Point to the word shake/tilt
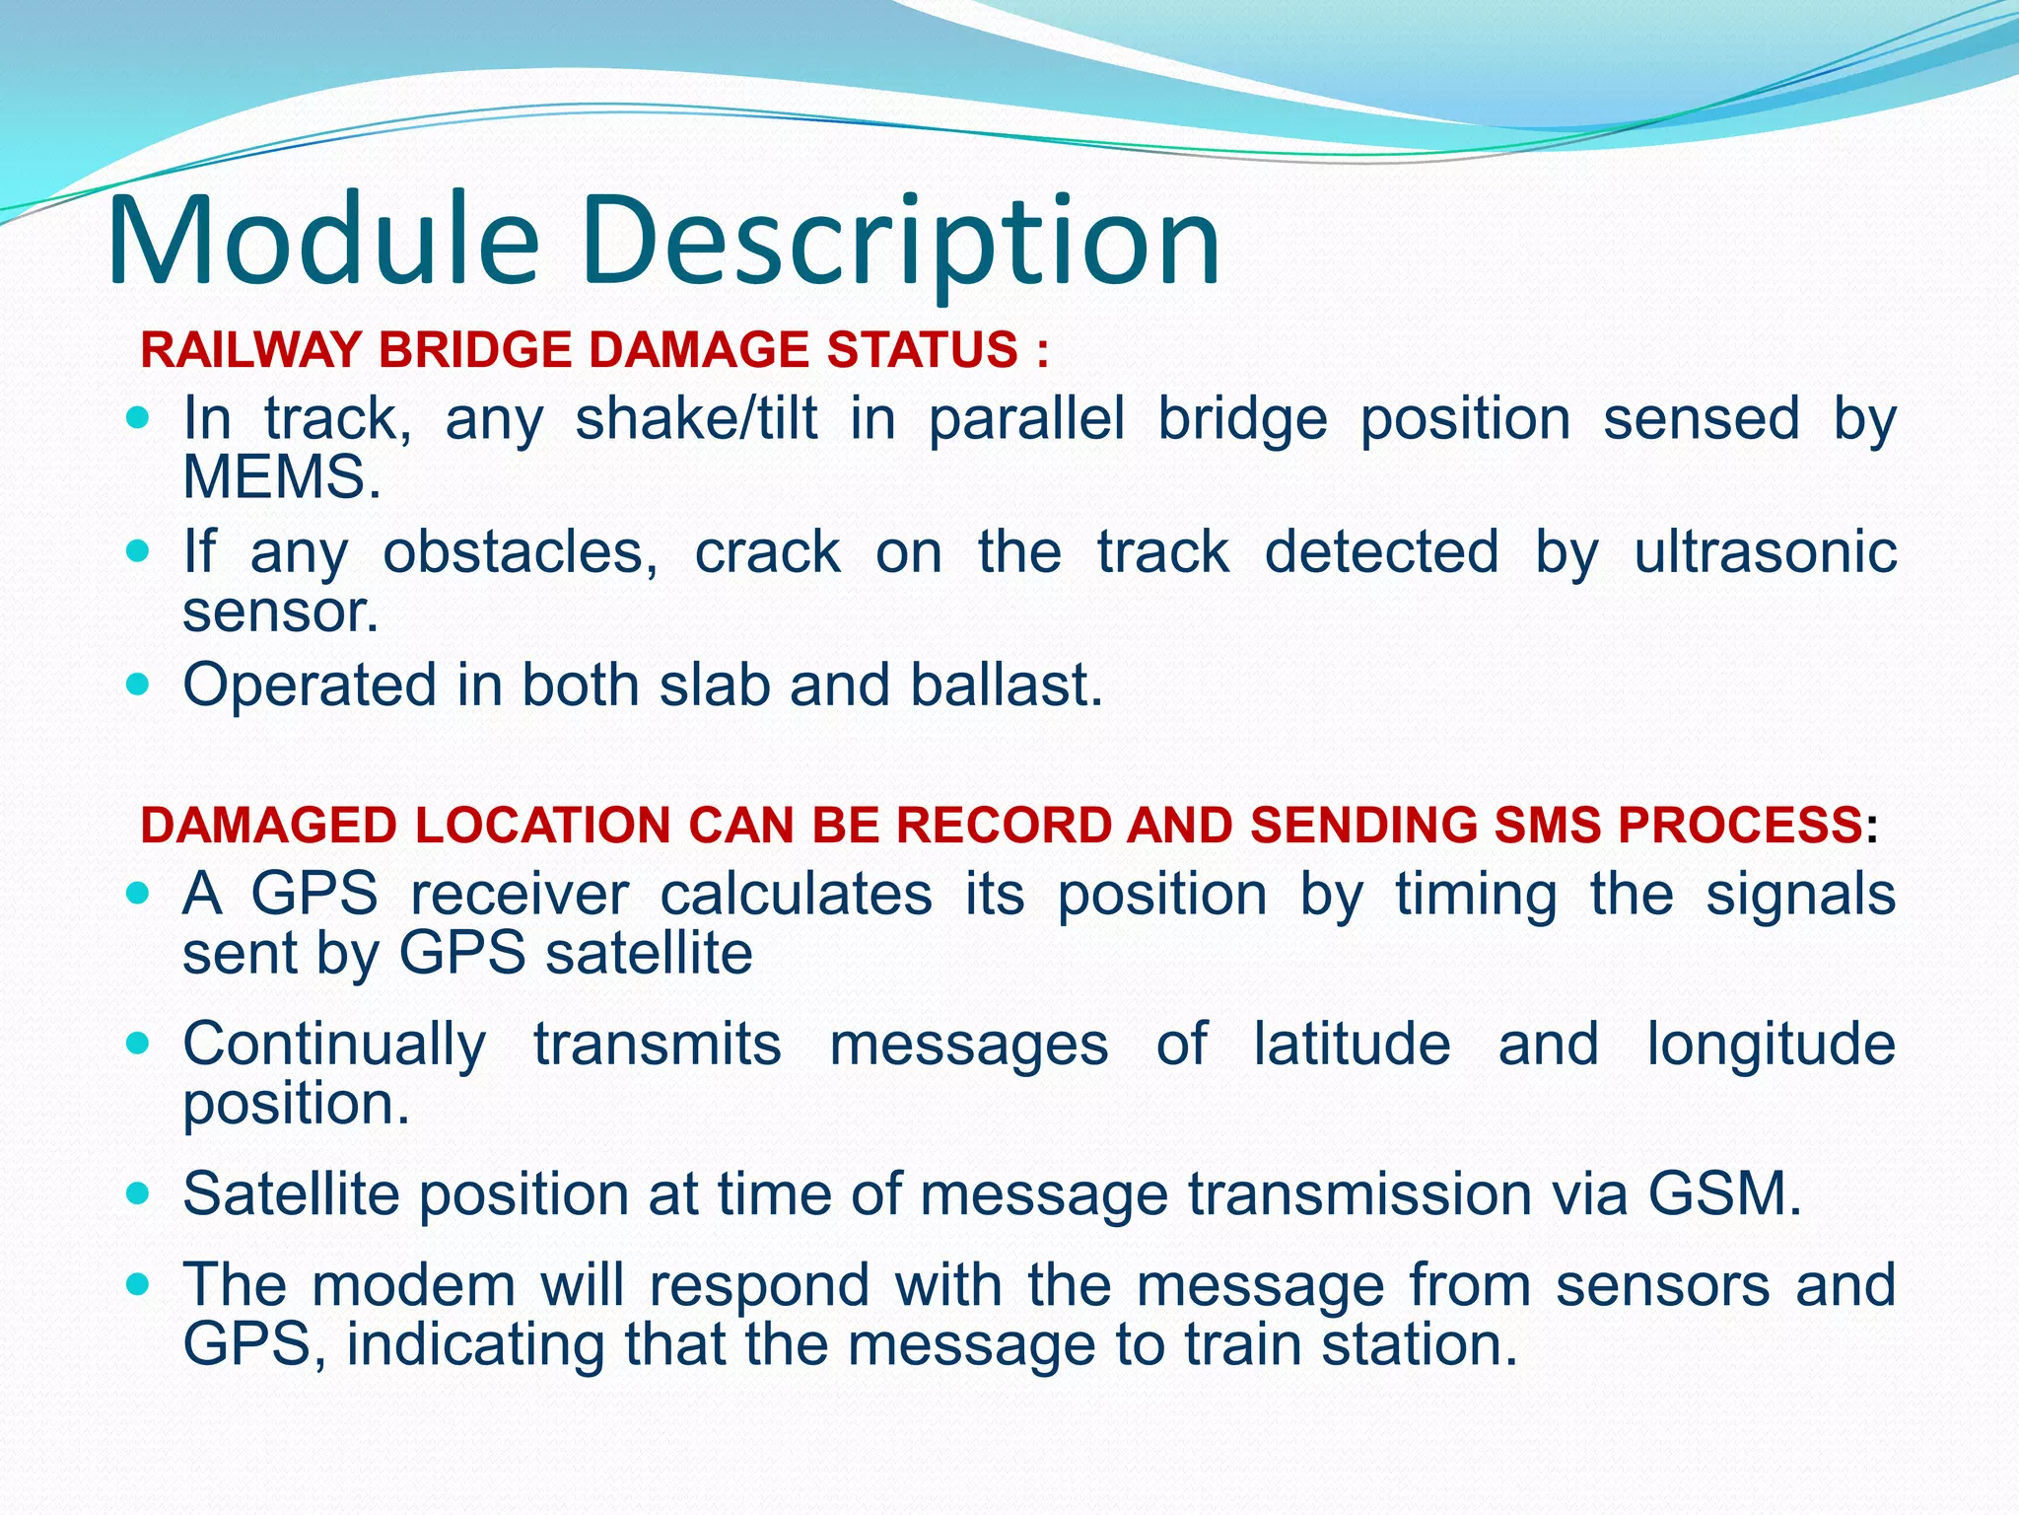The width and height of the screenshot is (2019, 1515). click(696, 419)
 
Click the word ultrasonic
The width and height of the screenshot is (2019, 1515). click(1765, 551)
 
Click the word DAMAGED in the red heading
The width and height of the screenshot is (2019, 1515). click(270, 825)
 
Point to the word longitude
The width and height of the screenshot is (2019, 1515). click(1771, 1046)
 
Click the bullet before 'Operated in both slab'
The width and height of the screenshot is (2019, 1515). click(138, 684)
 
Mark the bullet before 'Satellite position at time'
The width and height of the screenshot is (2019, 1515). click(138, 1193)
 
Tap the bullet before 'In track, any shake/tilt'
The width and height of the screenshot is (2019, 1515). click(138, 418)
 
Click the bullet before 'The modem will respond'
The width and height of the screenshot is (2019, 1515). click(138, 1284)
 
